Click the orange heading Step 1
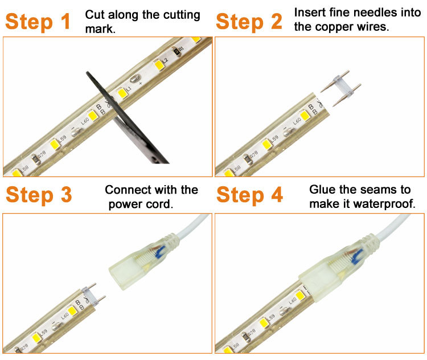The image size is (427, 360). click(x=38, y=22)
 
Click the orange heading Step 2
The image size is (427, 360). click(x=249, y=22)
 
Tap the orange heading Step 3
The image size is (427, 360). click(x=39, y=195)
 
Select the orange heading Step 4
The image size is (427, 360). click(x=250, y=195)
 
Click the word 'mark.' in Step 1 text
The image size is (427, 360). click(x=100, y=29)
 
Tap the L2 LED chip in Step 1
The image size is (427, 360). click(x=158, y=65)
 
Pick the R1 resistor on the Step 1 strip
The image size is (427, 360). click(x=176, y=51)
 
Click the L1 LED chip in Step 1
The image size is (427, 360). click(x=122, y=93)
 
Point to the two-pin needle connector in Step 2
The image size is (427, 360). click(x=340, y=88)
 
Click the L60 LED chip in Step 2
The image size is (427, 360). click(x=305, y=115)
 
